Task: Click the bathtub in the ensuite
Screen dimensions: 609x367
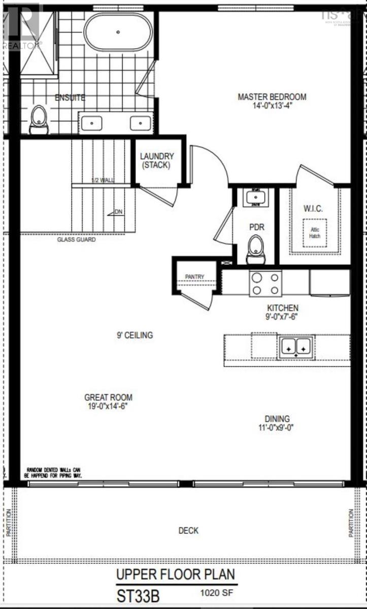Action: (x=118, y=31)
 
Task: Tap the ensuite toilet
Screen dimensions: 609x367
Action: (x=39, y=120)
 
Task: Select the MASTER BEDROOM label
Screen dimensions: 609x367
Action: (x=272, y=97)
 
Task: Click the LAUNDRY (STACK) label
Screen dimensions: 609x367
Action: (x=157, y=160)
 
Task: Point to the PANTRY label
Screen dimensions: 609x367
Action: (x=194, y=277)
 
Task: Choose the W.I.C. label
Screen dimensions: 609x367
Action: (x=313, y=209)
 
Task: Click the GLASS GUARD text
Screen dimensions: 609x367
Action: (x=76, y=240)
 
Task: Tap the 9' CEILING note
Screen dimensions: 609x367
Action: (x=134, y=335)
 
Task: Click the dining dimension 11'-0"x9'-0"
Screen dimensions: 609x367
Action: (x=276, y=427)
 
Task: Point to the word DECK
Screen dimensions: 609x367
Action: (x=188, y=530)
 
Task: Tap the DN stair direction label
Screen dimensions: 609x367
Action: (x=118, y=212)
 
